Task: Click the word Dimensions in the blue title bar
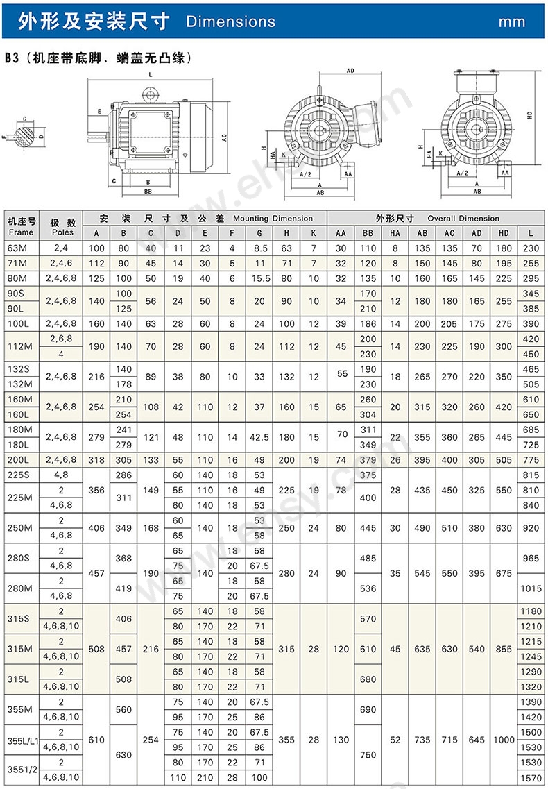click(x=230, y=22)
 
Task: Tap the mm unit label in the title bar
click(x=512, y=22)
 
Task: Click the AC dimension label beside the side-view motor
click(x=225, y=137)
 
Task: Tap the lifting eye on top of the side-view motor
click(x=150, y=92)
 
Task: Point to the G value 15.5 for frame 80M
click(x=259, y=278)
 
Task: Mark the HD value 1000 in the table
click(x=504, y=740)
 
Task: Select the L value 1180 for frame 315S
click(x=531, y=611)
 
